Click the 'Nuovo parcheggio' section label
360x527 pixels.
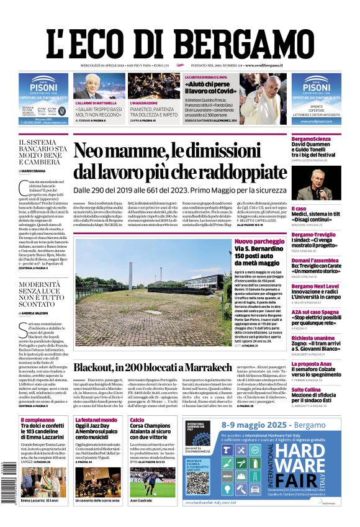259,241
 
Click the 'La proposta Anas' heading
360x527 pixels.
313,364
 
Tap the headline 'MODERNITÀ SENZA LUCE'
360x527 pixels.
43,292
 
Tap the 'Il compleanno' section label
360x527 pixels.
37,420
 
